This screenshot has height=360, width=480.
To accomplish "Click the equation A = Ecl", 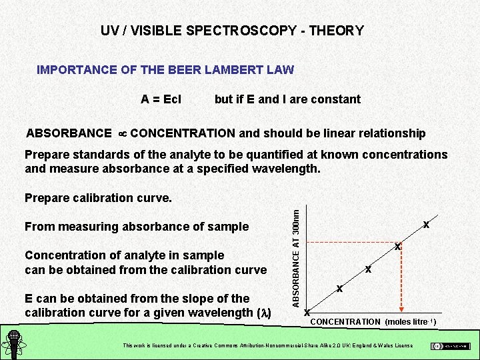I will (x=161, y=99).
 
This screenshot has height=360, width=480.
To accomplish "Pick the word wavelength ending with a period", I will (x=287, y=169).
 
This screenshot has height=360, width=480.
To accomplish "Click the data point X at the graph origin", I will (x=307, y=312).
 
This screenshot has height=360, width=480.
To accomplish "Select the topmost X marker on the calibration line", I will (x=426, y=225).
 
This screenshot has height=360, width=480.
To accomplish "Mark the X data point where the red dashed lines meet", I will (x=397, y=247).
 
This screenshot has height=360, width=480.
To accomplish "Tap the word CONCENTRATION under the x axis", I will (x=345, y=322).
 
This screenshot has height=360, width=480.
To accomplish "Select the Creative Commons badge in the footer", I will (x=450, y=346).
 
